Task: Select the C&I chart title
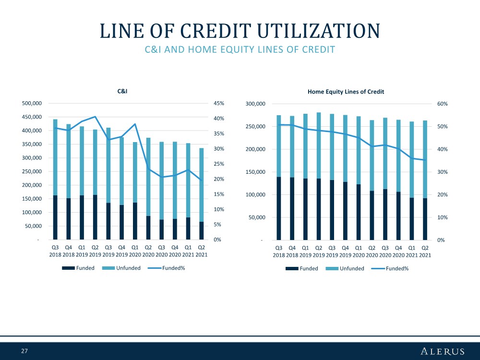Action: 122,91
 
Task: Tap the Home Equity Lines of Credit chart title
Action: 346,92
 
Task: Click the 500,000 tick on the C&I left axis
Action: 32,104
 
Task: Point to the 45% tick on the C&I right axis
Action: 219,104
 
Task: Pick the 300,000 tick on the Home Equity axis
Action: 255,104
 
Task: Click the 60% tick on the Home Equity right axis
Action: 443,104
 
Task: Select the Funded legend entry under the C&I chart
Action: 78,268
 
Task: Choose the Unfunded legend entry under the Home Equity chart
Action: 345,268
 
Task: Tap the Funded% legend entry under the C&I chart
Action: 167,268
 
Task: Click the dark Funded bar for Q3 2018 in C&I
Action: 55,217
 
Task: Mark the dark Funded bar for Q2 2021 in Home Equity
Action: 425,219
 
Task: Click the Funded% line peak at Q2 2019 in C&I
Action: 95,117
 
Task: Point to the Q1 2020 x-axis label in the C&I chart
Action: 135,251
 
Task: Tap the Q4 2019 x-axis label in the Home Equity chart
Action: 345,252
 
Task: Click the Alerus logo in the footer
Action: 443,351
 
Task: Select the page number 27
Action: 24,351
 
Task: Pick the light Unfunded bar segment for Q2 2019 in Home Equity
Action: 319,145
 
